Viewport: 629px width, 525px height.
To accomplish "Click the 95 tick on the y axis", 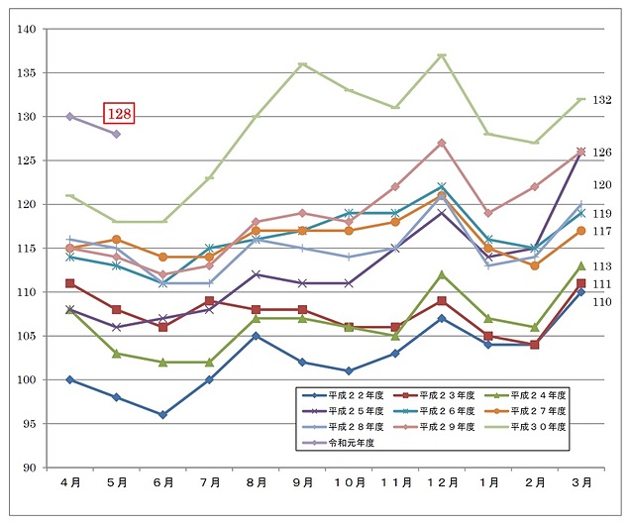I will [28, 424].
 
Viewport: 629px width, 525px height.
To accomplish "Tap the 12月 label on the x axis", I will [442, 482].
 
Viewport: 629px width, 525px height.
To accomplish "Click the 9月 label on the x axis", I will [302, 482].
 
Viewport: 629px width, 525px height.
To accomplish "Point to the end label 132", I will [602, 100].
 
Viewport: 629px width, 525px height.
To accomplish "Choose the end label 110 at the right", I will [602, 301].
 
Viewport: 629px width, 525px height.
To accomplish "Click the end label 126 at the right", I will [602, 153].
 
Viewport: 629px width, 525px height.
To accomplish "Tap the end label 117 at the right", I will [602, 231].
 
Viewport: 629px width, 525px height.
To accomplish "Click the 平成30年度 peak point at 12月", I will [442, 55].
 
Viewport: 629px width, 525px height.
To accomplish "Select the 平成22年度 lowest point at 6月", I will [162, 415].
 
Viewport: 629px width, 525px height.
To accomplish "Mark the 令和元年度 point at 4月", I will [69, 117].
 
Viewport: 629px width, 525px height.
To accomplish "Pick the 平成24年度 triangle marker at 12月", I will [442, 274].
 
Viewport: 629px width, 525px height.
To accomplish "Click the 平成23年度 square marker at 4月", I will [69, 283].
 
